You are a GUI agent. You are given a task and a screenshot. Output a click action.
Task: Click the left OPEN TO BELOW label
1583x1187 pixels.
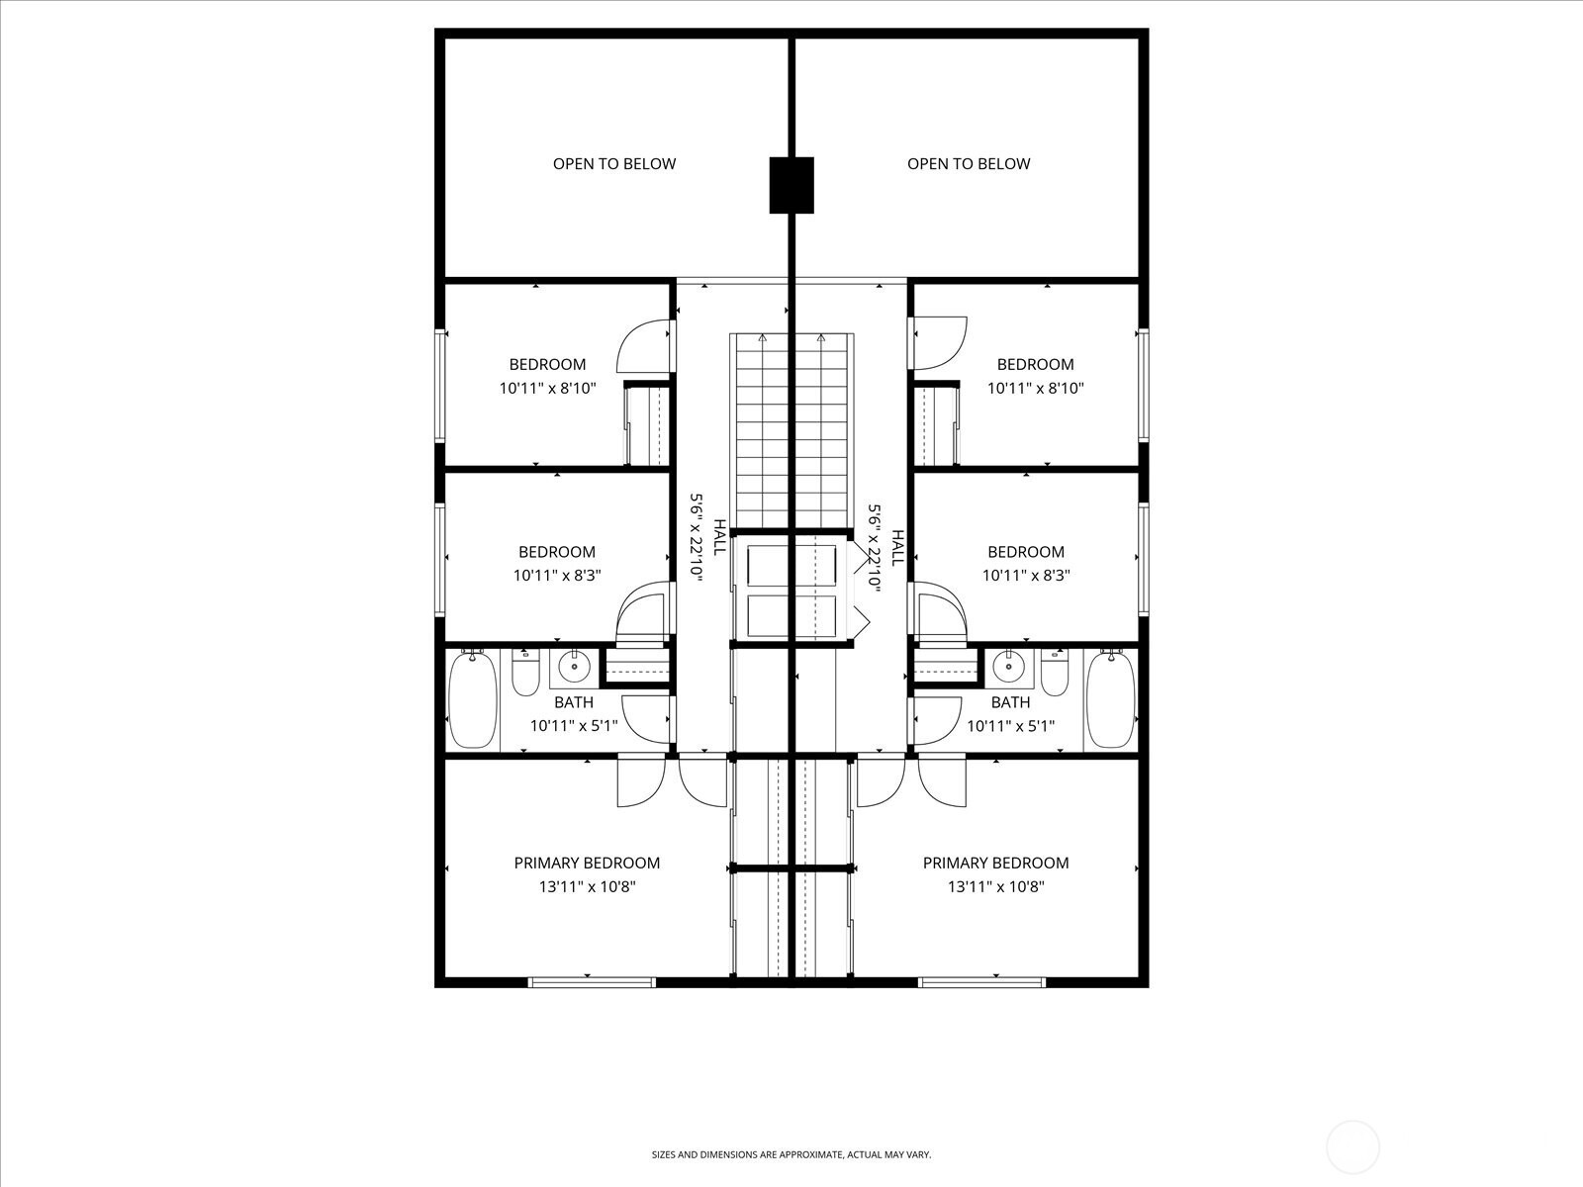pos(614,164)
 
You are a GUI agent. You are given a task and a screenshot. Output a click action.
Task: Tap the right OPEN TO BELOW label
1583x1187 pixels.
pos(969,164)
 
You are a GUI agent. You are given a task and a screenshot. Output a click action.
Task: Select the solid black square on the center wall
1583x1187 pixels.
pos(791,185)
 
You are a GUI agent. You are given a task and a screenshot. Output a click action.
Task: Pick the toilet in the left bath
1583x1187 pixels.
pos(525,673)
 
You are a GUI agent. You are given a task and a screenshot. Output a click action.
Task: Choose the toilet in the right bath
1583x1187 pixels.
pos(1055,673)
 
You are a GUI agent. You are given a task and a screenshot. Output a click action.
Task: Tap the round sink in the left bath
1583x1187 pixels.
pos(575,667)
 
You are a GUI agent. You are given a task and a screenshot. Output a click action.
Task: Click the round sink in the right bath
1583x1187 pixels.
pos(1008,667)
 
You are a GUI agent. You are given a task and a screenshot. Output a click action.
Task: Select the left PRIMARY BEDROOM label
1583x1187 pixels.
pos(587,863)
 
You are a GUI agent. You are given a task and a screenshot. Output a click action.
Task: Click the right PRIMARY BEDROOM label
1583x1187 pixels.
pos(995,863)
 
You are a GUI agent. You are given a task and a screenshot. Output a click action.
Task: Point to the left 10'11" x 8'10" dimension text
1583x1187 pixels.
pos(547,389)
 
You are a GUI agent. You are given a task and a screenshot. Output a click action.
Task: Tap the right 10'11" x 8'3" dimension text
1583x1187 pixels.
pos(1026,576)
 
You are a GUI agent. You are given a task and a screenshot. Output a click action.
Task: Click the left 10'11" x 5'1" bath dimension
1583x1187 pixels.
pos(573,726)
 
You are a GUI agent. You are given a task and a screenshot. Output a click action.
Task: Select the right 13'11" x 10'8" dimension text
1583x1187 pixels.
pos(996,886)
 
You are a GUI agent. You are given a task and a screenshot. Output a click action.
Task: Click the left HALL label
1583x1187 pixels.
pos(719,537)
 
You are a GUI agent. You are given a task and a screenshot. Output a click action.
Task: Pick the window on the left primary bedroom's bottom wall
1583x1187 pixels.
pos(592,982)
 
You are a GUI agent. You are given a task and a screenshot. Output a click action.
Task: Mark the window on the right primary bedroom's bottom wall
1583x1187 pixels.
pos(981,982)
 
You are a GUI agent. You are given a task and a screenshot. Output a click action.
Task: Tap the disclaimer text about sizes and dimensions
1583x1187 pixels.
pos(791,1154)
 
